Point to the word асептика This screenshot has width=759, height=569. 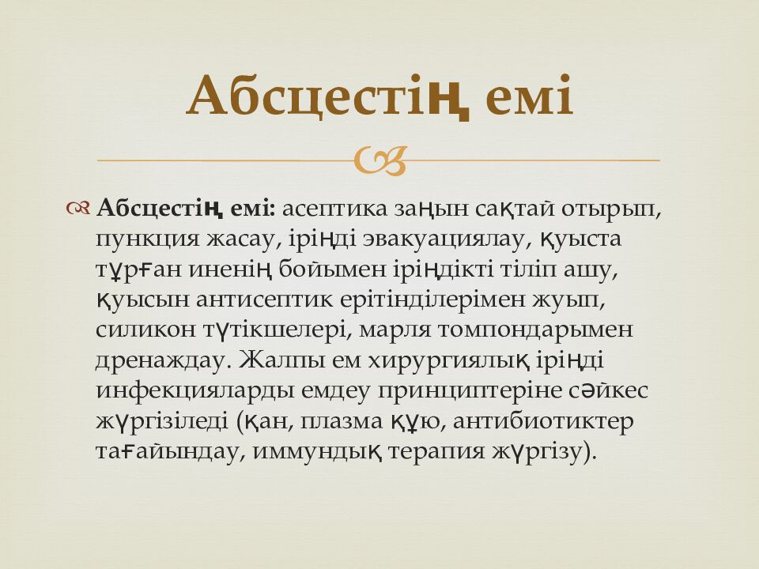(x=336, y=209)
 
